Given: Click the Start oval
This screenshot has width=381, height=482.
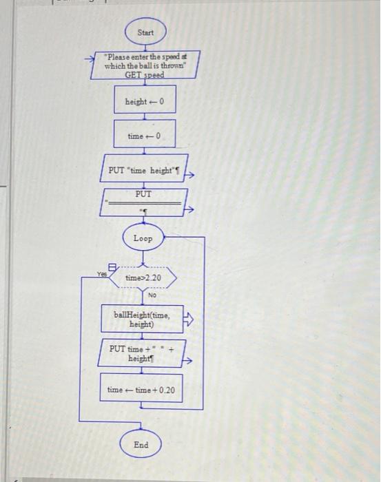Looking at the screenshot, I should pos(145,32).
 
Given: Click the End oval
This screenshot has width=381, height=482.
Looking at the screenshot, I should pos(141,445).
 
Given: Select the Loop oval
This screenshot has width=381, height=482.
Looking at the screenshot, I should pos(143,238).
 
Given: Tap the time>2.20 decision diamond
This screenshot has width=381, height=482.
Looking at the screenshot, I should pos(143,278).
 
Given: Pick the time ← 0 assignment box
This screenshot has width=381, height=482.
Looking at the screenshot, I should pos(145,136).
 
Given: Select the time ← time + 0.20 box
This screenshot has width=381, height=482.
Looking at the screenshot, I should pos(142,390).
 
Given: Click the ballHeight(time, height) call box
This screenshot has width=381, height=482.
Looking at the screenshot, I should pos(142,319).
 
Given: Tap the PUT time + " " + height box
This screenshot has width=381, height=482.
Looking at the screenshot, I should pos(142,353).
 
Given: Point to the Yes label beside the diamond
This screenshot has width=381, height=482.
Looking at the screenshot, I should pos(102,273).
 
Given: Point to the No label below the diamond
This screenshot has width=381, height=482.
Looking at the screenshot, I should pos(152,294).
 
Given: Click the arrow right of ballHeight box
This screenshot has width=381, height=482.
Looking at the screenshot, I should pos(192,319).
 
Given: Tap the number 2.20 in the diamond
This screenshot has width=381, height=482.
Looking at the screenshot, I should pos(152,278).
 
